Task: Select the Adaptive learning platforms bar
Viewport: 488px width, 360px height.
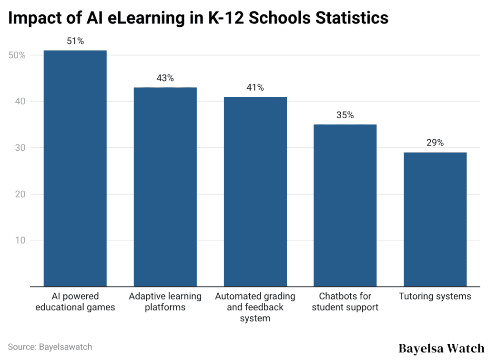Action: click(x=165, y=187)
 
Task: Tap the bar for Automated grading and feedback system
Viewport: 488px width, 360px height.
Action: click(x=255, y=192)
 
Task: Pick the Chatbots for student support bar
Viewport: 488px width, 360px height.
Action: click(x=345, y=206)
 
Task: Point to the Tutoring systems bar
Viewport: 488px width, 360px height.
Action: click(x=435, y=219)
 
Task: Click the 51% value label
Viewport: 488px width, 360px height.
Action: click(x=75, y=41)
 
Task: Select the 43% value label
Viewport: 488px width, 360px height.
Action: click(x=165, y=79)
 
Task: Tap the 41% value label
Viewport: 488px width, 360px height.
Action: click(x=255, y=88)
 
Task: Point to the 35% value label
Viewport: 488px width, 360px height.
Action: click(x=345, y=115)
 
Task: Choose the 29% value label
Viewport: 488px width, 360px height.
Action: click(x=435, y=143)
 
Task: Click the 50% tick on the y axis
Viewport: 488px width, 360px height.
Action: click(x=17, y=55)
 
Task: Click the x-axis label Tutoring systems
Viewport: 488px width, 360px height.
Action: click(x=435, y=297)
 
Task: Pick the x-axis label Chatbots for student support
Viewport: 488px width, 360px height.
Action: click(x=345, y=302)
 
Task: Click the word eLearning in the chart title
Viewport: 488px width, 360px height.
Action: click(x=159, y=18)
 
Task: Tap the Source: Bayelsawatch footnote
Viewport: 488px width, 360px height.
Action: click(x=50, y=347)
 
